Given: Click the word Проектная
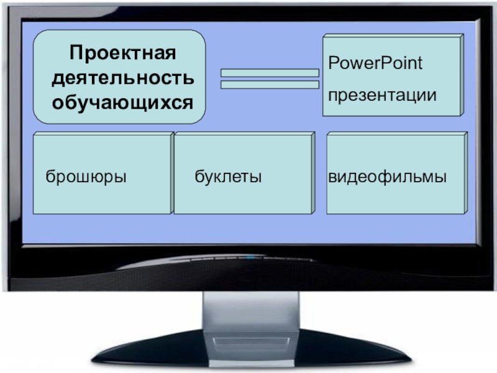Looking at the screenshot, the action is pos(122,53).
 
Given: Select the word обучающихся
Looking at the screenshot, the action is pos(122,101).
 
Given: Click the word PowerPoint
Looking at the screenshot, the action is pos(375,63).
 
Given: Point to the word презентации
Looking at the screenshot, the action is pos(382,96).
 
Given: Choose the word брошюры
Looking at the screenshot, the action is pos(86,177).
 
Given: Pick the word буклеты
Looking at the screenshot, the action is pos(228,177).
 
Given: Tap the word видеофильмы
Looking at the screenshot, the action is pos(388,177).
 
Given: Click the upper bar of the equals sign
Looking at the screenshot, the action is pos(270,73).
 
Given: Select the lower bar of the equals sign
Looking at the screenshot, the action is pos(270,85).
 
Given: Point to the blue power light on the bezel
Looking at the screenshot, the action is pos(250,256).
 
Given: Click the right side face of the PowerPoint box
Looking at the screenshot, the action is pos(462,75).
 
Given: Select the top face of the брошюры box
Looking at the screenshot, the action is pos(103,134).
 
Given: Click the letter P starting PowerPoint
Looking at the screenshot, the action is pos(332,63).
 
